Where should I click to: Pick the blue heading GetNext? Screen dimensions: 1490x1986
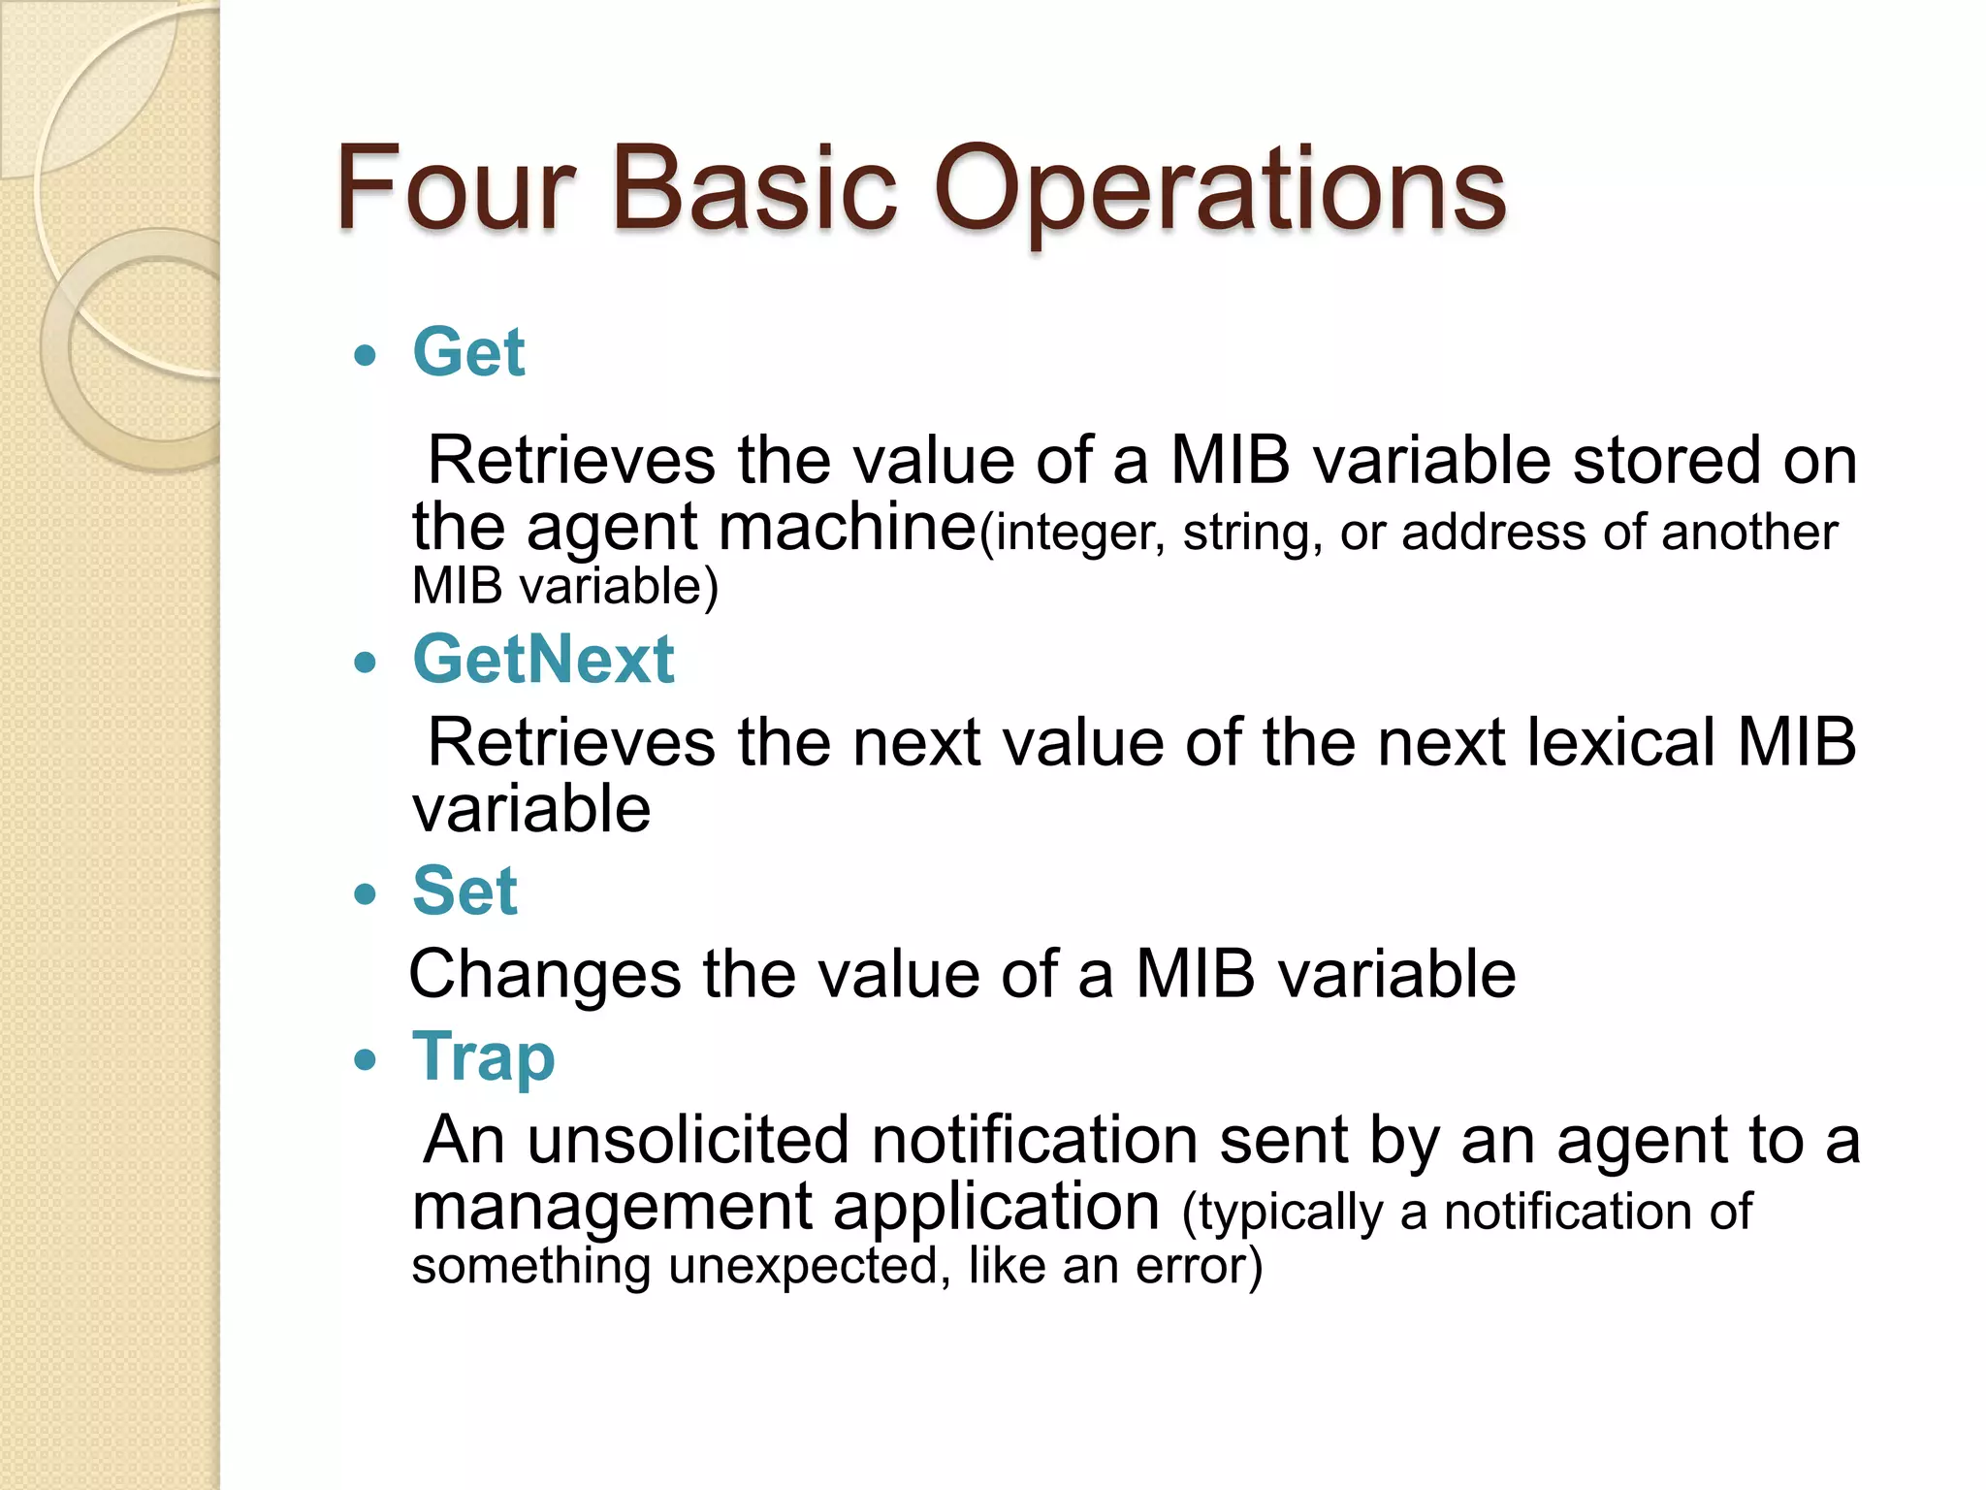pyautogui.click(x=543, y=660)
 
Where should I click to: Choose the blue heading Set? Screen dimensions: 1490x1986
pyautogui.click(x=464, y=891)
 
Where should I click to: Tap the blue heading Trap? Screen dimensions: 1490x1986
pyautogui.click(x=483, y=1057)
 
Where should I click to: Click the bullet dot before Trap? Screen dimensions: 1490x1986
pyautogui.click(x=365, y=1059)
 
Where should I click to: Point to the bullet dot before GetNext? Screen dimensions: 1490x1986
pyautogui.click(x=365, y=664)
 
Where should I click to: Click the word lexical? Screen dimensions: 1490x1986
pyautogui.click(x=1619, y=743)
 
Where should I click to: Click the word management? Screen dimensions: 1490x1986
pyautogui.click(x=612, y=1208)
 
